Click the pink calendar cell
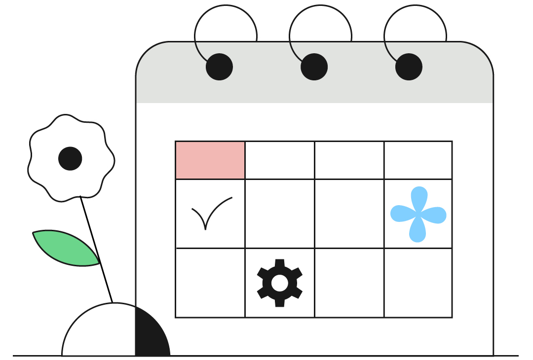coord(210,160)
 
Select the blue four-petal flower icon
coord(418,215)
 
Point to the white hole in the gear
coord(280,283)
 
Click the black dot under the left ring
coord(219,67)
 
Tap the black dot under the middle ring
coord(314,67)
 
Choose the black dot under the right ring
coord(409,67)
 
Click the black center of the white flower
coord(70,158)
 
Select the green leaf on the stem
coord(64,247)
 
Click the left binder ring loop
coord(197,30)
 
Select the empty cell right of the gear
coord(349,283)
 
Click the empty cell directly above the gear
coord(280,214)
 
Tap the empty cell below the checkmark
coord(210,283)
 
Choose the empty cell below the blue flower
coord(418,283)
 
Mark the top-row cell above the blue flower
coord(418,160)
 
